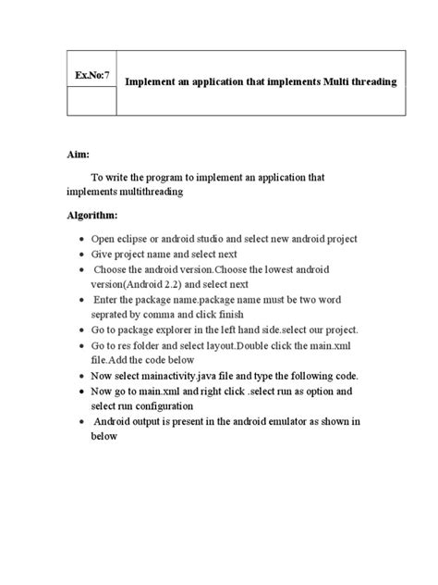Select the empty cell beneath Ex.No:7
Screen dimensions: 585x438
point(91,100)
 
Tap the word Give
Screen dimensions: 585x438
point(103,254)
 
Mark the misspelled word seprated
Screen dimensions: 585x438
point(112,315)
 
